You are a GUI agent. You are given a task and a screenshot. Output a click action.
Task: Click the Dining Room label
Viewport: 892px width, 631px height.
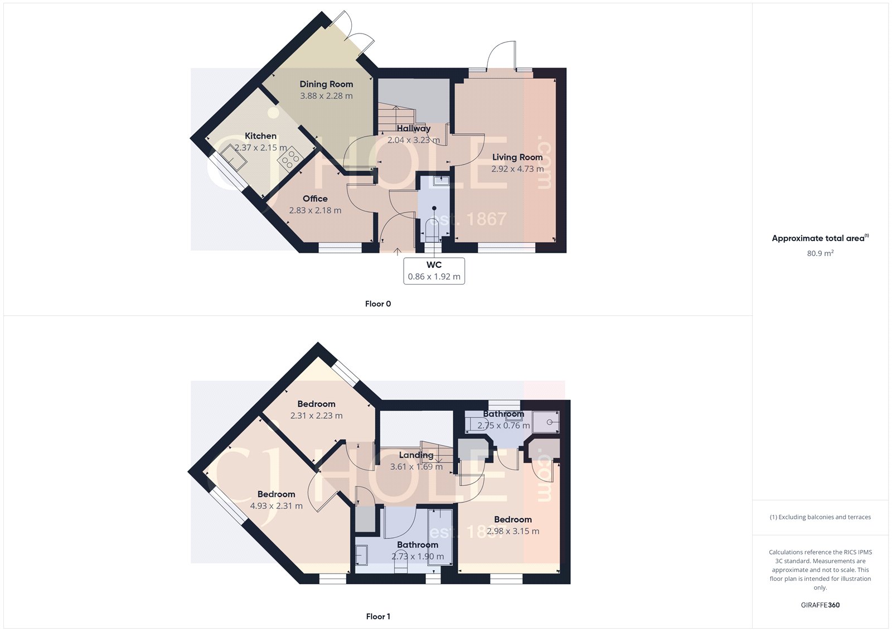[x=326, y=84]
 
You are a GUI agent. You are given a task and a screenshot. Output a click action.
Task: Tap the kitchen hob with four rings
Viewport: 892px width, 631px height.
[x=290, y=160]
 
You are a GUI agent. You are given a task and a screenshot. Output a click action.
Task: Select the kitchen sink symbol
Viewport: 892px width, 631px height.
[x=234, y=156]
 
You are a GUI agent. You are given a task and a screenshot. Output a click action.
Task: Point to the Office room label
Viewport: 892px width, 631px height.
[x=315, y=199]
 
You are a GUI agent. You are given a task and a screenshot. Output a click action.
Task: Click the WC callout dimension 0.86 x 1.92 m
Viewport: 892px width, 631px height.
[x=434, y=277]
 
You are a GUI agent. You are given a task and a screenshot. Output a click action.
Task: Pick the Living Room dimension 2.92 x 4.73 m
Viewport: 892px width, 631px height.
[x=517, y=169]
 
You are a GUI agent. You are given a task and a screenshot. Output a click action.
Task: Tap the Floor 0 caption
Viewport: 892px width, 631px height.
[x=378, y=304]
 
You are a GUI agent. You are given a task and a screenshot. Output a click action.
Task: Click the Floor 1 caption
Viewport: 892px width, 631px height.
[x=378, y=616]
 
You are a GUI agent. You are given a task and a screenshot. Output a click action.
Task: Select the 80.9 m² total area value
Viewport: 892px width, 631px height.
[x=820, y=253]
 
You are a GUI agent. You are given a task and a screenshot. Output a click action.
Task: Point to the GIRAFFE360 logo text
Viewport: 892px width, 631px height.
[x=820, y=605]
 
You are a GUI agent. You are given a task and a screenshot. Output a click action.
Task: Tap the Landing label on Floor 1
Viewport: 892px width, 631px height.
[x=416, y=455]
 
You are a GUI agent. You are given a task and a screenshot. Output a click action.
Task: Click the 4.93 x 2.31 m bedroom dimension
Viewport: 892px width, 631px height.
[x=276, y=506]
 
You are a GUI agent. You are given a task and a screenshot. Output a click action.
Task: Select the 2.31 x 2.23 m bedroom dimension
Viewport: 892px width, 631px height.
[x=316, y=416]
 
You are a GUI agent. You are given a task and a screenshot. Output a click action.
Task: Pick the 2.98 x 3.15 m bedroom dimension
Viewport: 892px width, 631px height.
[x=513, y=531]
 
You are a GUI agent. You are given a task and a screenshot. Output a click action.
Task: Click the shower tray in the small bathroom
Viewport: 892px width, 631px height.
[x=545, y=422]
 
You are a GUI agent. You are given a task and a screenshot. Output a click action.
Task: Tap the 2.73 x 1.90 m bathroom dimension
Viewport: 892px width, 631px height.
[x=418, y=556]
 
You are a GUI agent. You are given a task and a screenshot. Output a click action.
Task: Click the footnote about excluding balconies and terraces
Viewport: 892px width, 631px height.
[x=820, y=517]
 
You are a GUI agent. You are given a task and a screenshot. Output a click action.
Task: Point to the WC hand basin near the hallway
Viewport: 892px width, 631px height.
[x=440, y=181]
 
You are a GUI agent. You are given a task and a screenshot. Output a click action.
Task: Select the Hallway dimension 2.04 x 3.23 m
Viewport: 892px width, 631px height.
[x=413, y=140]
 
